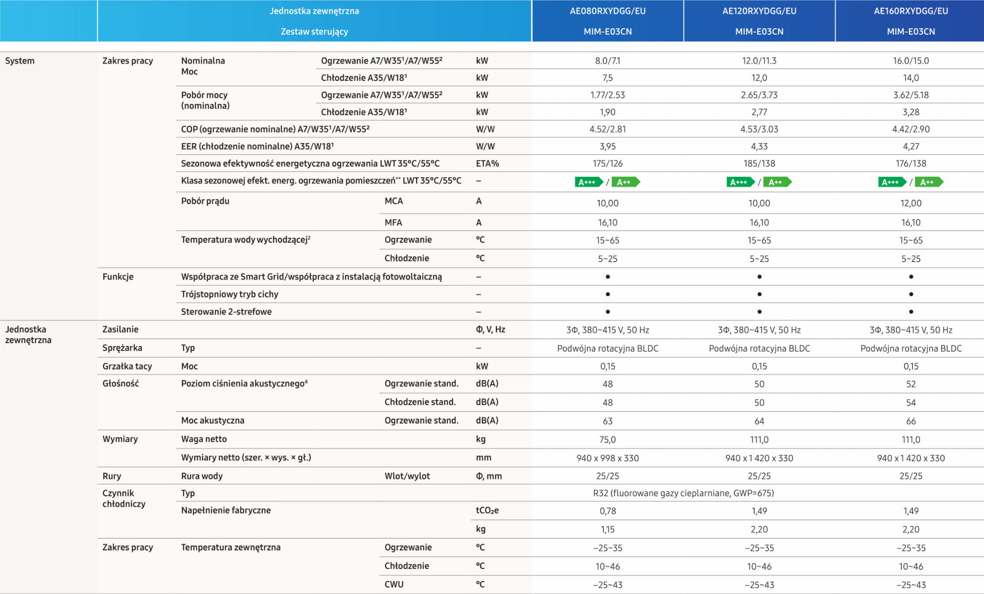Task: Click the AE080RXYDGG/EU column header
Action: click(607, 11)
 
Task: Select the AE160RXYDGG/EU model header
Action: click(910, 11)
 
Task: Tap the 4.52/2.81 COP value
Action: click(607, 129)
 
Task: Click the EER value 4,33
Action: click(759, 147)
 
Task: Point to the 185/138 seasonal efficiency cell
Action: click(759, 164)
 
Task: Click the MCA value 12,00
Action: click(910, 203)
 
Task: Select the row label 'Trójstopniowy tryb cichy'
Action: click(229, 294)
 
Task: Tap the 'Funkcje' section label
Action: click(118, 277)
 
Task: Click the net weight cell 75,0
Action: click(607, 440)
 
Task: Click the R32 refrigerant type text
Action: click(683, 494)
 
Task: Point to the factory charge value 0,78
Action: click(607, 511)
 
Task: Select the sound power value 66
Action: click(910, 421)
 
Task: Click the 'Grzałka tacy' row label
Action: click(127, 366)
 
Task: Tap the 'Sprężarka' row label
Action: click(122, 348)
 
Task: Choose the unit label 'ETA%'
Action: click(487, 164)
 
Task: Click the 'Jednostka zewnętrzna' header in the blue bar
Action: click(314, 11)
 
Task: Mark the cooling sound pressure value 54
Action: click(910, 403)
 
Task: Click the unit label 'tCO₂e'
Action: click(487, 510)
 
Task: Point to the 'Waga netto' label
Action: click(204, 439)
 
